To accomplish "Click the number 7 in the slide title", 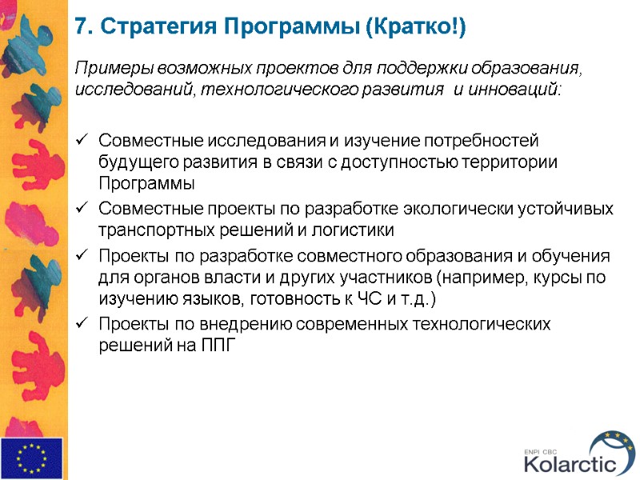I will pos(80,28).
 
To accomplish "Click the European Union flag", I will pos(32,458).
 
